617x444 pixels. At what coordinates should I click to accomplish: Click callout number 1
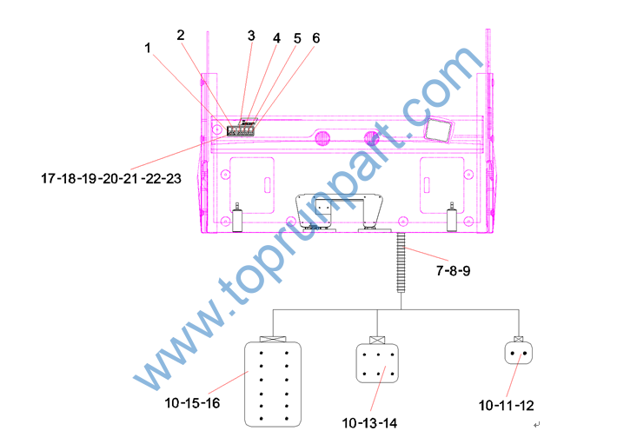148,48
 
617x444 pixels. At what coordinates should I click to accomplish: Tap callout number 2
181,35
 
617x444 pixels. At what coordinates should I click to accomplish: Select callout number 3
251,36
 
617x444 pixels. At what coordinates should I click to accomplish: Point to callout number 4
276,38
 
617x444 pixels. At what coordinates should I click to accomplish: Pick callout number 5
297,38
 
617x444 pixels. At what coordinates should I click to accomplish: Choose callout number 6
316,38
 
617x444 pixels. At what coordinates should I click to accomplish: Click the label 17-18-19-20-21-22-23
111,178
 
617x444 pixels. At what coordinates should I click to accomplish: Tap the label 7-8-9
453,270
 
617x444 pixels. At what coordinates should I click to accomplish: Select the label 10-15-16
192,402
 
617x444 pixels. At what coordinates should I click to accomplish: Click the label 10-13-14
369,423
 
